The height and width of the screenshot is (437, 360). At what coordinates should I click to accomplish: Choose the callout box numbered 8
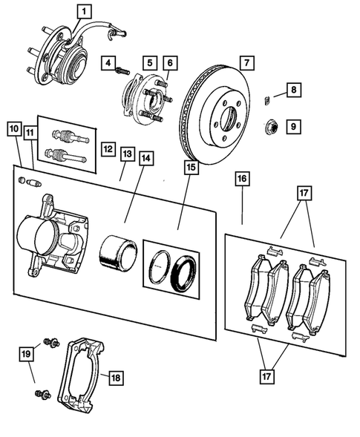click(294, 91)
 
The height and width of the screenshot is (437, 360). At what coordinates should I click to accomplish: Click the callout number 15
click(191, 167)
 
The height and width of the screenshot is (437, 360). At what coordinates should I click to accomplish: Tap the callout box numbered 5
click(149, 63)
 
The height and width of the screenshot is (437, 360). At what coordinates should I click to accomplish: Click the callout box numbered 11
click(30, 134)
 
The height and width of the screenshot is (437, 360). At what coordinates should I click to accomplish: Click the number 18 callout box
click(115, 377)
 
